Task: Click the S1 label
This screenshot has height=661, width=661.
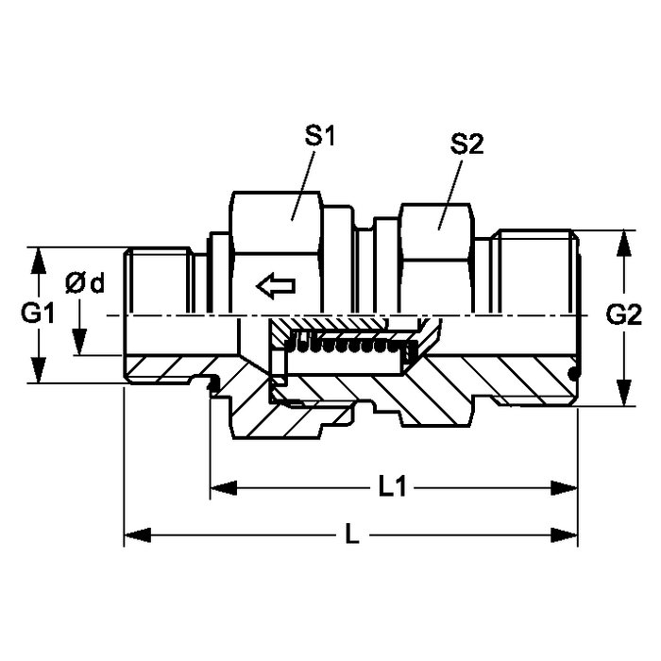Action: tap(320, 135)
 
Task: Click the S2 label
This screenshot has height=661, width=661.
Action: tap(466, 144)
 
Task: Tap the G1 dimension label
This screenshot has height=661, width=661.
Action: tap(38, 314)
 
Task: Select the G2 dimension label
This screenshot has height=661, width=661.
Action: tap(624, 314)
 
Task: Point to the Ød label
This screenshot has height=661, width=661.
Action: tap(85, 283)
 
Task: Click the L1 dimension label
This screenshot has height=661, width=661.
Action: tap(392, 488)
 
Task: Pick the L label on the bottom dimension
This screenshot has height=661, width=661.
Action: tap(352, 535)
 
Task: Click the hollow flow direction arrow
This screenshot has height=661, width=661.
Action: tap(276, 286)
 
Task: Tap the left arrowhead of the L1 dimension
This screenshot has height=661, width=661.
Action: tap(224, 488)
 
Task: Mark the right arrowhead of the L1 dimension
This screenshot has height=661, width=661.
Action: tap(565, 488)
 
